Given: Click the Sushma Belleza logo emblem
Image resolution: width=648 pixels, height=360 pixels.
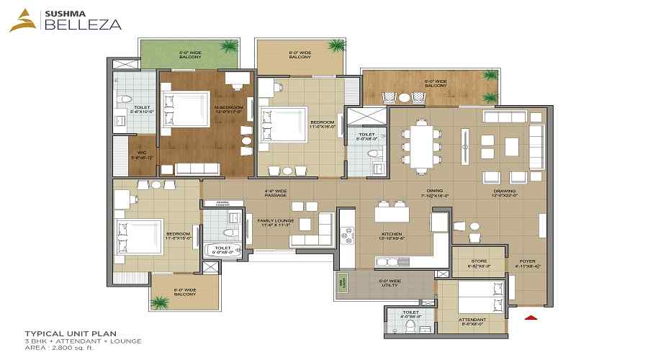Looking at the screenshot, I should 19,21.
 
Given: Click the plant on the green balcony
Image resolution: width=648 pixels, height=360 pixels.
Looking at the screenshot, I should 229,47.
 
